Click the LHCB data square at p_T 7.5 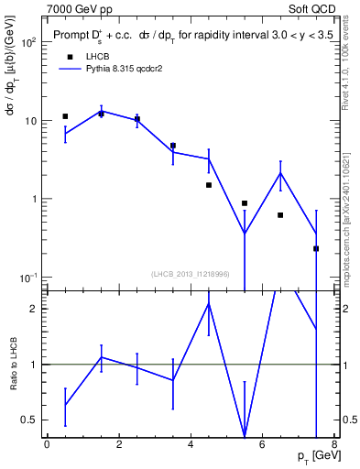316,248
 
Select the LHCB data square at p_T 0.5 65,116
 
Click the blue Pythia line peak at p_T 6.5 280,172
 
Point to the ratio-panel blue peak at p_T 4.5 209,304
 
